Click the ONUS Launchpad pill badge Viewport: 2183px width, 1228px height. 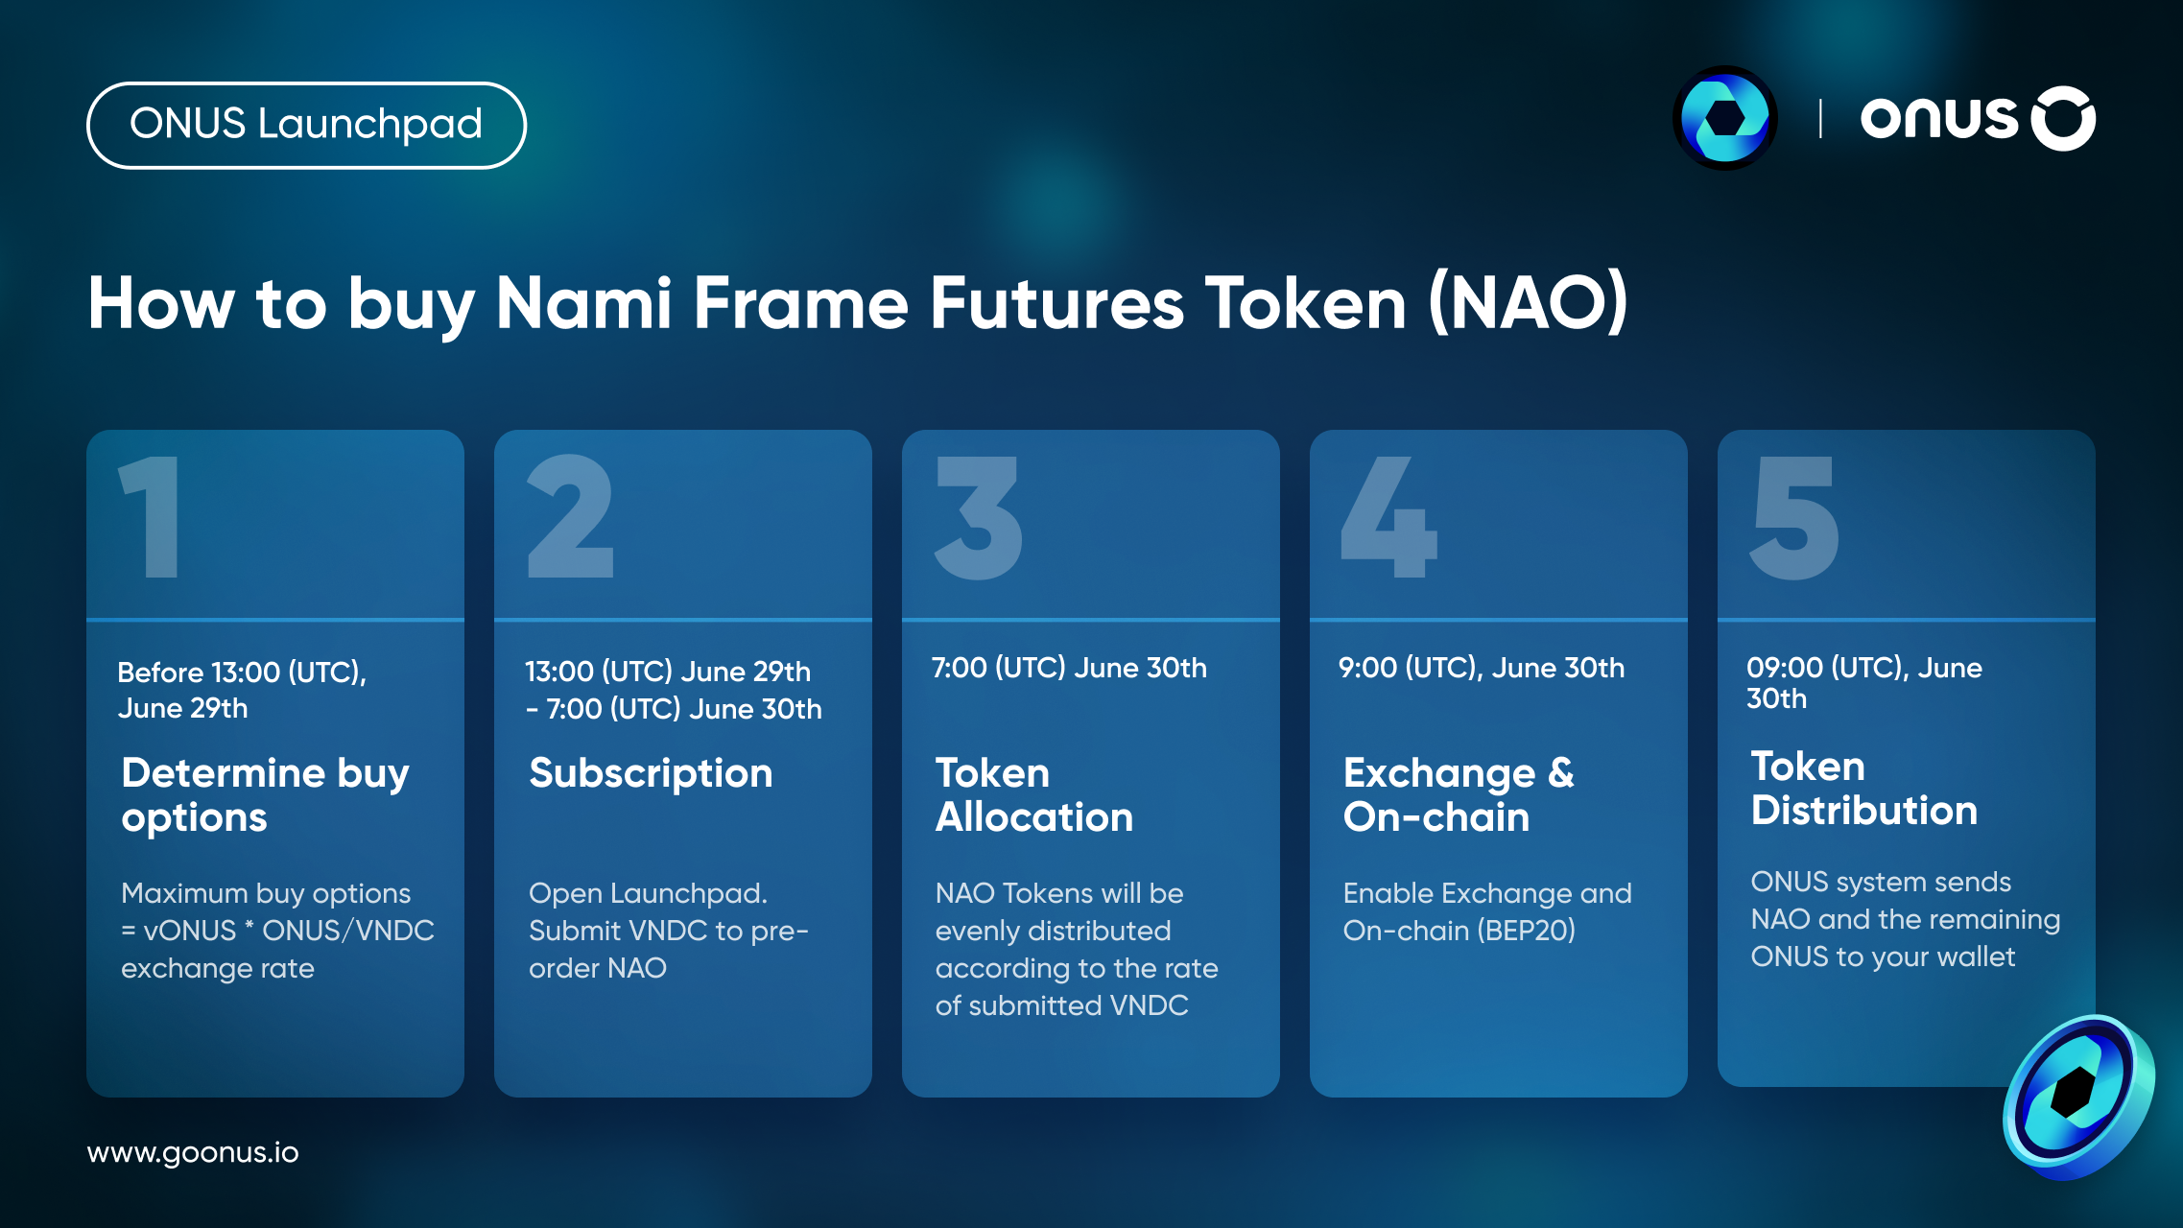pyautogui.click(x=306, y=125)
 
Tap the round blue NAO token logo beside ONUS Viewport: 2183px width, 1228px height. pyautogui.click(x=1724, y=118)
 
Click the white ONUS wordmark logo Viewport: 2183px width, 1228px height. pyautogui.click(x=1978, y=119)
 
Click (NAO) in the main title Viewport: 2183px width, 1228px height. pyautogui.click(x=1528, y=303)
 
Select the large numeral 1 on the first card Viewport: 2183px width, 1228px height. pyautogui.click(x=151, y=517)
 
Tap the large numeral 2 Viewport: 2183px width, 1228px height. pyautogui.click(x=571, y=517)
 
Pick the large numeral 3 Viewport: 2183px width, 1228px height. pyautogui.click(x=979, y=518)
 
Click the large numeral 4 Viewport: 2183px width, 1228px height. pyautogui.click(x=1388, y=517)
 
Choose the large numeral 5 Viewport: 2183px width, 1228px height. pyautogui.click(x=1794, y=518)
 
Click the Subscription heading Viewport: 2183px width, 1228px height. pyautogui.click(x=651, y=773)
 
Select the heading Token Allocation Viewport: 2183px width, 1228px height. pyautogui.click(x=1034, y=795)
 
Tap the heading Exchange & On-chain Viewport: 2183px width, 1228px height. pyautogui.click(x=1459, y=795)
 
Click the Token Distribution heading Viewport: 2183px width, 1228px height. pyautogui.click(x=1864, y=789)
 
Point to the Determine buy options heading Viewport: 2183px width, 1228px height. pyautogui.click(x=266, y=795)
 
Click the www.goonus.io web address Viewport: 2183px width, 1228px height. pyautogui.click(x=193, y=1152)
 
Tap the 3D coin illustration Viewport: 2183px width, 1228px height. pyautogui.click(x=2078, y=1097)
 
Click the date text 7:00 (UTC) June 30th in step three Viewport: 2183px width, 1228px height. pyautogui.click(x=1069, y=668)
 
